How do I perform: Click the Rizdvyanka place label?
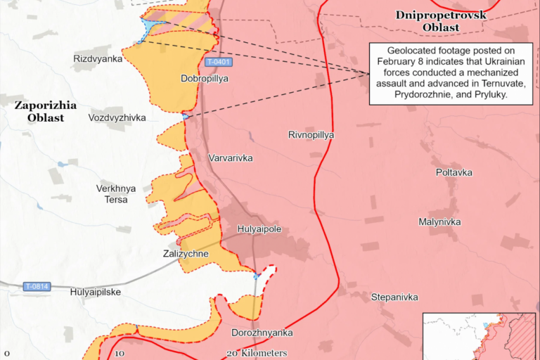[98, 59]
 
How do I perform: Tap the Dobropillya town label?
[205, 79]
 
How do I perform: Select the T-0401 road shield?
[219, 63]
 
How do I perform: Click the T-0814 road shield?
[37, 286]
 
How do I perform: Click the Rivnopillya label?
[311, 134]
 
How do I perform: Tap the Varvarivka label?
[231, 158]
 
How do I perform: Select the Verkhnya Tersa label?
[116, 194]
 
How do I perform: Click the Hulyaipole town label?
[259, 229]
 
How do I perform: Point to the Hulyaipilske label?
[96, 292]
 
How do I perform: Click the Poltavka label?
[454, 172]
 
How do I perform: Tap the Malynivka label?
[439, 221]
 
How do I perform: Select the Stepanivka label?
[395, 297]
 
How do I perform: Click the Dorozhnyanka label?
[262, 333]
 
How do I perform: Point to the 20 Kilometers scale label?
[257, 353]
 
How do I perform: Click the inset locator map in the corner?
[481, 336]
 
